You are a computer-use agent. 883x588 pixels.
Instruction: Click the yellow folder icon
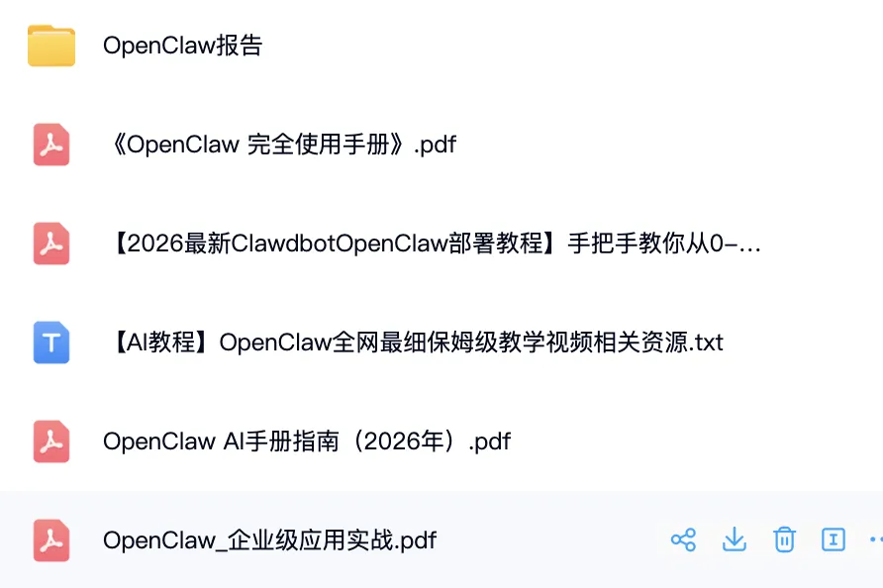coord(51,46)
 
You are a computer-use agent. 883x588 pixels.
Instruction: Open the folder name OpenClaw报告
coord(182,46)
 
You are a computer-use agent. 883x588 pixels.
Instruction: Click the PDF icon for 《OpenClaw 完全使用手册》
coord(51,145)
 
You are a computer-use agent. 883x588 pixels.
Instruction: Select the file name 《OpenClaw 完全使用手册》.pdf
coord(279,145)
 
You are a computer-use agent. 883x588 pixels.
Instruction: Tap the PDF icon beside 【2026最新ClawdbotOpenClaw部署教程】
coord(51,244)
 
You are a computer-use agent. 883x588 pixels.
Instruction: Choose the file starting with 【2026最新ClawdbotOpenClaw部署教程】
coord(432,244)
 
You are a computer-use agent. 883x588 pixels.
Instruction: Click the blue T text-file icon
coord(51,343)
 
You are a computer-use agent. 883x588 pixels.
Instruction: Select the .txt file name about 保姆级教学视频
coord(413,343)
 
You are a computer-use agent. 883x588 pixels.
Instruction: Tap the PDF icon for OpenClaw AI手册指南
coord(51,441)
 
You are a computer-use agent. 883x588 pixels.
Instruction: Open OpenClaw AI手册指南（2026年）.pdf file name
coord(307,441)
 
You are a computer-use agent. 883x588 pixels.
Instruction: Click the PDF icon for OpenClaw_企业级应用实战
coord(51,540)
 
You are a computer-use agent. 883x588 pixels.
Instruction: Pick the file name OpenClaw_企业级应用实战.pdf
coord(269,540)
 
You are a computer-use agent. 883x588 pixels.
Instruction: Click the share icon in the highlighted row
coord(683,539)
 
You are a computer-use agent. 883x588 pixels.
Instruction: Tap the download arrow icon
coord(734,539)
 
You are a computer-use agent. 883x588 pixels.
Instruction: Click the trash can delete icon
coord(784,539)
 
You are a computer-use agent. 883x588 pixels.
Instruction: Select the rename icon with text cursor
coord(834,539)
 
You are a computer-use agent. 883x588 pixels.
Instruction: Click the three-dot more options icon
coord(875,539)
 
